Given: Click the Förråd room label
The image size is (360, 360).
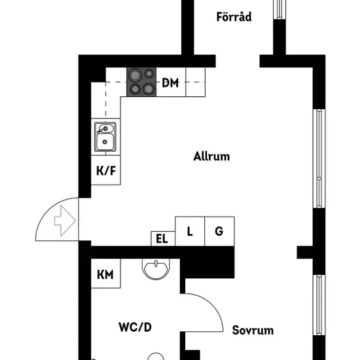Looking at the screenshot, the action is click(x=234, y=17).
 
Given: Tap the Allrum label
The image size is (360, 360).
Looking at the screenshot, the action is click(x=211, y=156).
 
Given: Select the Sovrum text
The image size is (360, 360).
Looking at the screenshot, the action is click(x=253, y=331).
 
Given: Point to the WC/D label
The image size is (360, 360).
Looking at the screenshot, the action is click(x=135, y=327).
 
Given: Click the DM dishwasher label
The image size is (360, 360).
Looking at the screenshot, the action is click(x=170, y=82).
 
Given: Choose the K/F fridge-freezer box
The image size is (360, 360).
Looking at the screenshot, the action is click(x=106, y=170).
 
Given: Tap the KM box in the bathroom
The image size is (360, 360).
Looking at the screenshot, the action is click(x=106, y=274).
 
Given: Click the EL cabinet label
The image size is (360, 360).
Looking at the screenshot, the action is click(x=162, y=239).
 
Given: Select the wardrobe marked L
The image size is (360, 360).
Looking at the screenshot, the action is click(x=190, y=231).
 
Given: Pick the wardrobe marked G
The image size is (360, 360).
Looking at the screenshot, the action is click(x=219, y=231).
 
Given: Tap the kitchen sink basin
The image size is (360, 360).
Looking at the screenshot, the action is click(x=105, y=142).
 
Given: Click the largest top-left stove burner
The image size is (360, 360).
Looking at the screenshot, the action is click(x=135, y=75).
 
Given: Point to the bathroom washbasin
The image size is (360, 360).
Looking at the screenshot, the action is click(x=156, y=269).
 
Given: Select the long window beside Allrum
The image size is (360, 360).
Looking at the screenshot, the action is click(x=319, y=158).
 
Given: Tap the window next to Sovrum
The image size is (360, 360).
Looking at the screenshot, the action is click(x=319, y=305).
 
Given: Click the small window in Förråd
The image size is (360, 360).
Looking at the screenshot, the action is click(x=279, y=9).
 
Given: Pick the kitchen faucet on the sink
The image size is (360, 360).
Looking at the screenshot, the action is click(x=102, y=130).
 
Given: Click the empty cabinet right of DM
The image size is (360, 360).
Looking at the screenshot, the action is click(x=196, y=82).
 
